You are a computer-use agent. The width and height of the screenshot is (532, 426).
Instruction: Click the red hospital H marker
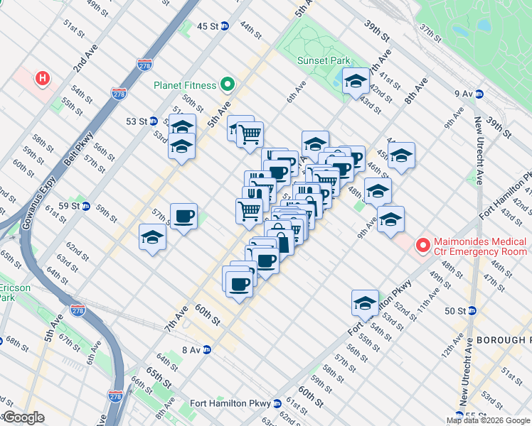tap(43, 78)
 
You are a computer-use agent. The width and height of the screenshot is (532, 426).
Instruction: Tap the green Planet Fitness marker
tap(228, 85)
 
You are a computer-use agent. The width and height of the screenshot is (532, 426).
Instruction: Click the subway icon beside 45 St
tap(225, 26)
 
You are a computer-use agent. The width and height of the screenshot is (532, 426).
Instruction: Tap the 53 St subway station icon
tap(154, 121)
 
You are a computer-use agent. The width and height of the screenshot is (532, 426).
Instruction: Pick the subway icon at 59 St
tap(85, 207)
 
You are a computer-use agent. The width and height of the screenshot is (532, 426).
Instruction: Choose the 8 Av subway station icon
tap(207, 350)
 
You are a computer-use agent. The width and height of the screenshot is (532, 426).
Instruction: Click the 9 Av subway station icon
tap(479, 93)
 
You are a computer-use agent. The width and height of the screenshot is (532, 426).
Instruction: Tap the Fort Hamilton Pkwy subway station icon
tap(277, 403)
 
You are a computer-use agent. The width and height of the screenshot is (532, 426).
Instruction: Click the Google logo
tap(24, 417)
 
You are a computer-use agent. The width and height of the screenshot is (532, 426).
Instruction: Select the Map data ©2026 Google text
tap(488, 420)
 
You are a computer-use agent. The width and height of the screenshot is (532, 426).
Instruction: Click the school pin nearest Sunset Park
tap(355, 82)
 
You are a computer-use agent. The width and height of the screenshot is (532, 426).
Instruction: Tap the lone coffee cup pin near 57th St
tap(183, 216)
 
